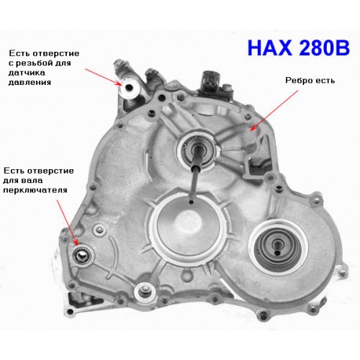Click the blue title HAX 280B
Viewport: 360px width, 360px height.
(298, 48)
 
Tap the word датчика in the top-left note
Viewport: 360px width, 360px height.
(27, 73)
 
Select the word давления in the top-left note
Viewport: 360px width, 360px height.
(30, 82)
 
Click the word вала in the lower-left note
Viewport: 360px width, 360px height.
(33, 180)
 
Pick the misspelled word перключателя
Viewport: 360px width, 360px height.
(35, 190)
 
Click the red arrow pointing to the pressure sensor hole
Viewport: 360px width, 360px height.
(104, 77)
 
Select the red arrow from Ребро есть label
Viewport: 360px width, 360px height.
(274, 111)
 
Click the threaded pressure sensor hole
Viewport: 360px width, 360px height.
(130, 87)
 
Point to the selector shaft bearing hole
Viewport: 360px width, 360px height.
(83, 255)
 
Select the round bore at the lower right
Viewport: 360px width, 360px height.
(278, 247)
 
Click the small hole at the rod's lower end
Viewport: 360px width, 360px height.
(192, 202)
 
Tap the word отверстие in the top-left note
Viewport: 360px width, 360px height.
(56, 53)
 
